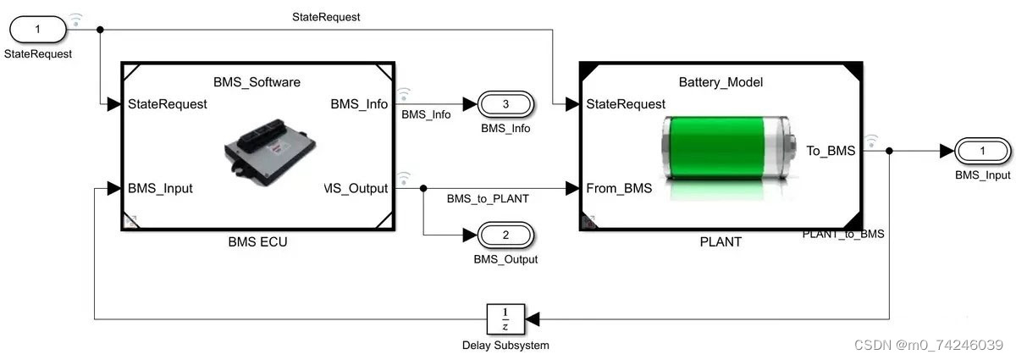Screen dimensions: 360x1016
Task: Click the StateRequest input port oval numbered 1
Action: point(37,30)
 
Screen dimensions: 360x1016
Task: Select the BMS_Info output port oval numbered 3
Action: point(505,104)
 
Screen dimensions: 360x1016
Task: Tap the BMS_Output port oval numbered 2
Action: point(505,235)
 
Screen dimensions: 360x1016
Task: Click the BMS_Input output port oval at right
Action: point(982,151)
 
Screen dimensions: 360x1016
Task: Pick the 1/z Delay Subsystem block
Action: point(505,319)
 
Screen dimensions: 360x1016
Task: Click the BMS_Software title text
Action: point(256,82)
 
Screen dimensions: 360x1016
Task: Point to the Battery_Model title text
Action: point(721,82)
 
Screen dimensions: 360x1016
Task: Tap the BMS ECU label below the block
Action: point(257,242)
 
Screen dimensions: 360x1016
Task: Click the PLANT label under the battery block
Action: point(721,242)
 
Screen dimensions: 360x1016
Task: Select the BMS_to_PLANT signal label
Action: point(487,199)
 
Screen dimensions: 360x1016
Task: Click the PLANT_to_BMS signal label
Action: point(842,234)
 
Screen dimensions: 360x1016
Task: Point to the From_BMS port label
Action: point(619,188)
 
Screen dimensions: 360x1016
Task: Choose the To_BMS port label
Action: point(830,151)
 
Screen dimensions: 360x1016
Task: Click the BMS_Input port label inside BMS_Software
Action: point(160,188)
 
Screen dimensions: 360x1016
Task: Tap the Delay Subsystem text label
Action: point(505,346)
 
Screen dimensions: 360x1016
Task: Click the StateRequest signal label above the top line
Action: point(326,16)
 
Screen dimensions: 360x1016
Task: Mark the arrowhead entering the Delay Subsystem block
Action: point(533,319)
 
